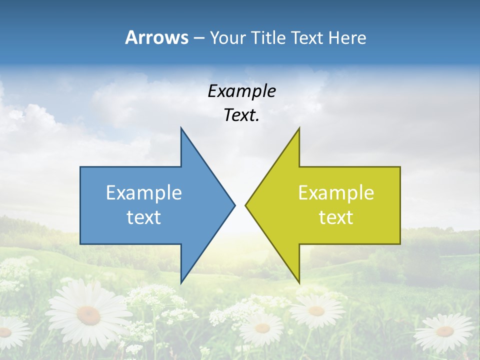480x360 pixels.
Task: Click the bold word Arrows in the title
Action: pyautogui.click(x=157, y=37)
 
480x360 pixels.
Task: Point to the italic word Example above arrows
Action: pyautogui.click(x=241, y=91)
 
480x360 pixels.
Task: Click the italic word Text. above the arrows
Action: pyautogui.click(x=241, y=115)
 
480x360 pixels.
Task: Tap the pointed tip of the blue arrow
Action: pyautogui.click(x=234, y=204)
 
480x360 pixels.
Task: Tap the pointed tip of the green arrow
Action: pyautogui.click(x=246, y=204)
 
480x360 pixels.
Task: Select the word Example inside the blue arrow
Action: pyautogui.click(x=144, y=192)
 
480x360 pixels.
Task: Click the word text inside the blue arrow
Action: pyautogui.click(x=144, y=217)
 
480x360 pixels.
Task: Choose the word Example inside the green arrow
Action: pyautogui.click(x=336, y=192)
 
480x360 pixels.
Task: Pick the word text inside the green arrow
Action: pyautogui.click(x=336, y=217)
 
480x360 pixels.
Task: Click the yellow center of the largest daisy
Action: pyautogui.click(x=88, y=315)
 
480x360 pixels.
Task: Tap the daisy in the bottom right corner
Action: pyautogui.click(x=444, y=331)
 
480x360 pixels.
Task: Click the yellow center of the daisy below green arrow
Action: pyautogui.click(x=316, y=311)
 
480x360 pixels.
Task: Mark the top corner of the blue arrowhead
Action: pyautogui.click(x=181, y=128)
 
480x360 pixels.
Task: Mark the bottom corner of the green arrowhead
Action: pyautogui.click(x=299, y=282)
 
